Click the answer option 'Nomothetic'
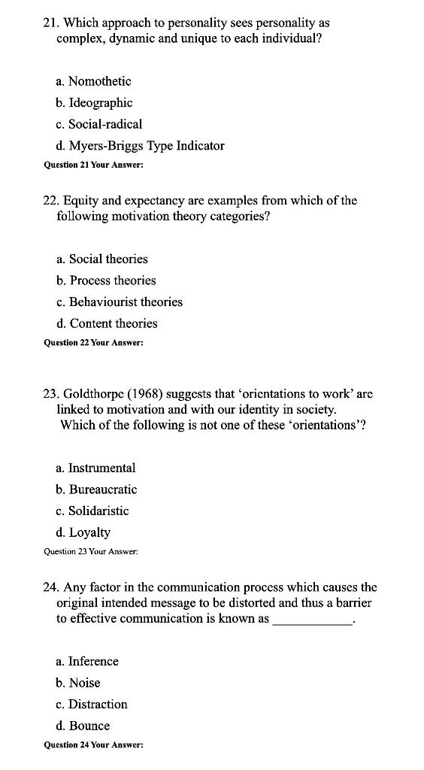[x=99, y=81]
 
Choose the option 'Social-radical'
[x=104, y=124]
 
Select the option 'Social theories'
[x=108, y=259]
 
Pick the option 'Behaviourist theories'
[x=126, y=302]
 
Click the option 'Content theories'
[x=114, y=323]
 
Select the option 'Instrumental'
[x=101, y=468]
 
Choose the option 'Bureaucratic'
[x=103, y=490]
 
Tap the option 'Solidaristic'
[x=98, y=511]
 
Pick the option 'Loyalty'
[x=89, y=532]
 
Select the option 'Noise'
[x=84, y=683]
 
